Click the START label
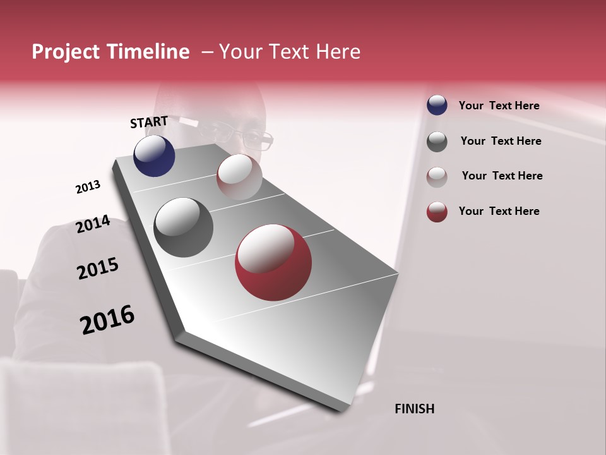149,122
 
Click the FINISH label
414,409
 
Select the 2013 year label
88,187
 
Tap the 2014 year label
93,224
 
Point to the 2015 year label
97,269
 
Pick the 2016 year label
107,320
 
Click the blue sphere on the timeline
154,156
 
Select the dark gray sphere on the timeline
184,227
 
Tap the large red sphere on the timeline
273,262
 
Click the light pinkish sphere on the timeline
239,177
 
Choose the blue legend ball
437,106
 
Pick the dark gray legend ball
437,142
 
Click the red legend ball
437,212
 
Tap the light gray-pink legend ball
437,176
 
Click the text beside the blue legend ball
499,106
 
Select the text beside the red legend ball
499,211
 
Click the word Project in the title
66,52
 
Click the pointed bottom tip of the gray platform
342,411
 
